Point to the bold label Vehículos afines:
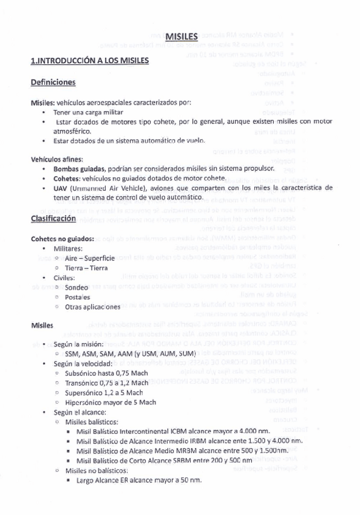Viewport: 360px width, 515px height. point(57,159)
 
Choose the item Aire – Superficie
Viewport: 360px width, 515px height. point(89,258)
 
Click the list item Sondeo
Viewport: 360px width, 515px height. point(76,287)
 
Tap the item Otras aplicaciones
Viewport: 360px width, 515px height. point(93,307)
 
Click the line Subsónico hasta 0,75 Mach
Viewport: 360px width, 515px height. point(106,373)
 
